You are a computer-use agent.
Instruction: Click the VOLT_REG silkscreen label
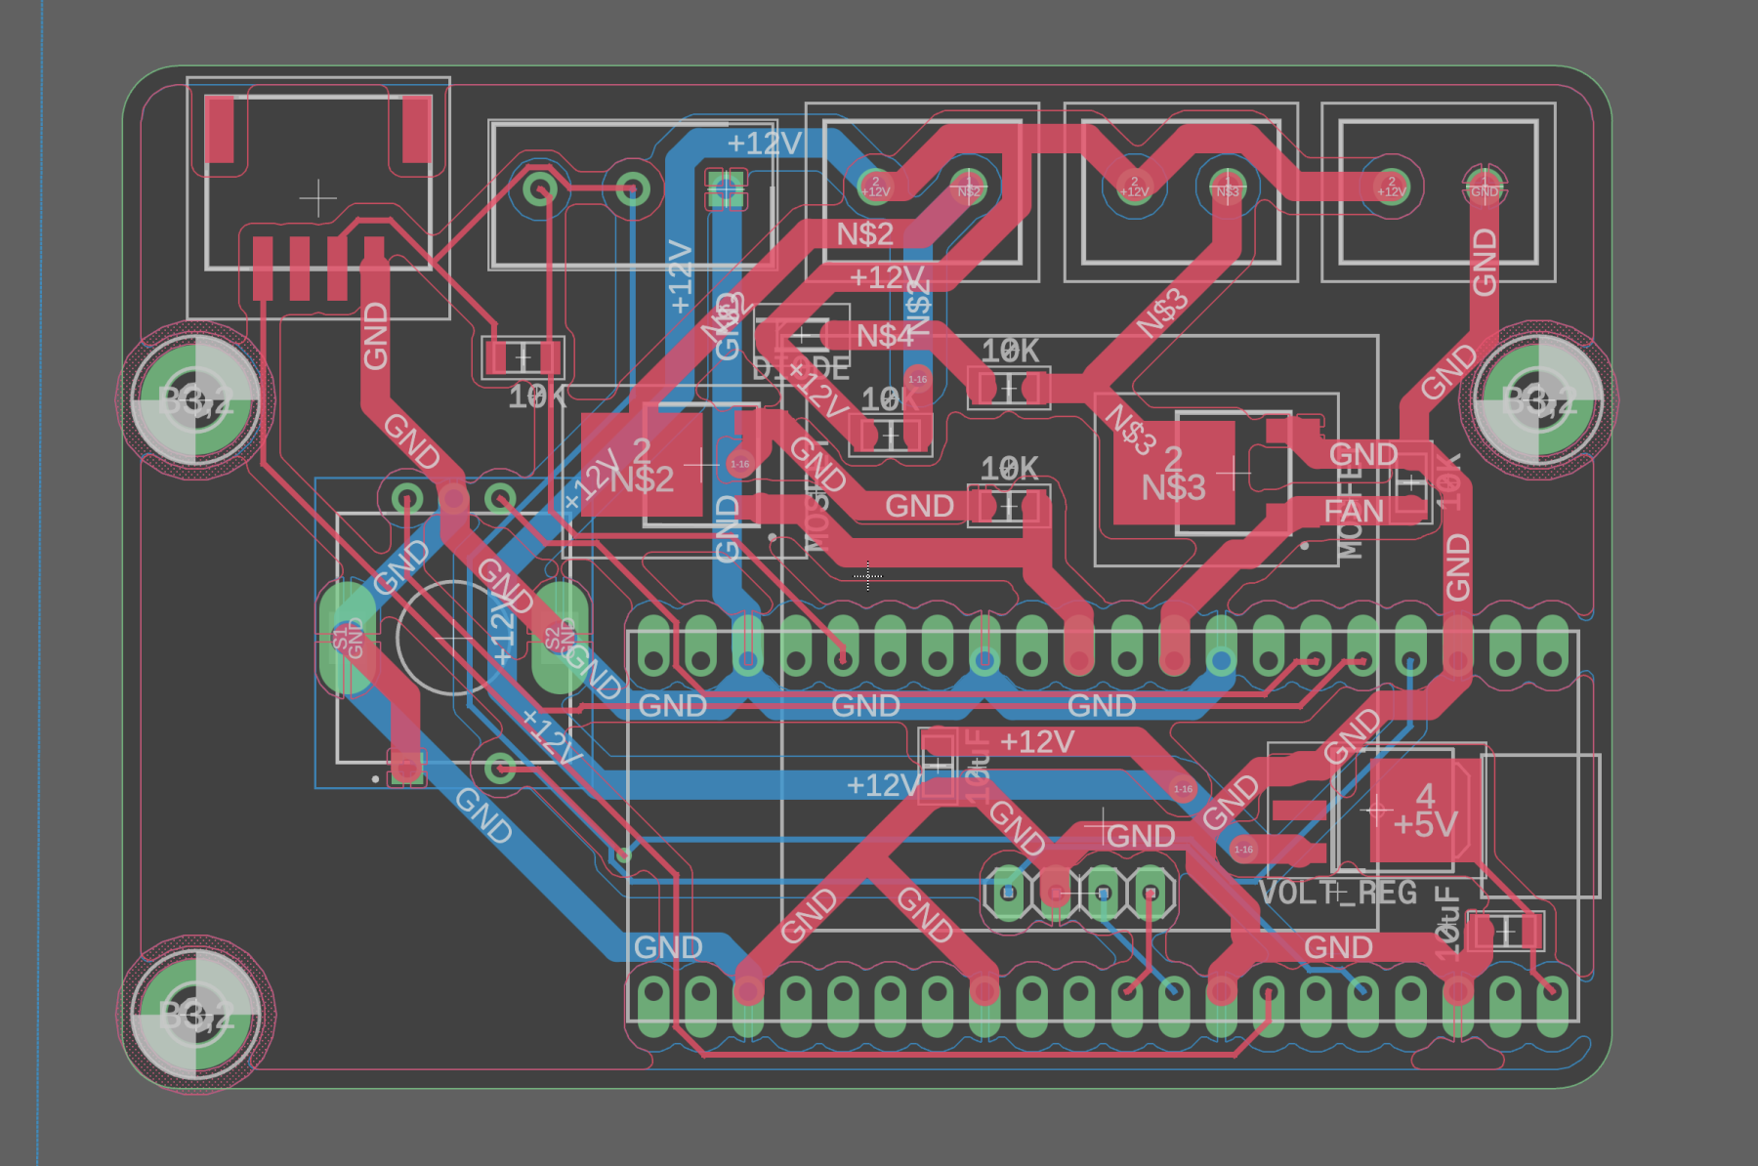(1337, 893)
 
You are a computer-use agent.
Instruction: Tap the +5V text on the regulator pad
(1425, 825)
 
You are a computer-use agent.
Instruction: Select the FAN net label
(1354, 511)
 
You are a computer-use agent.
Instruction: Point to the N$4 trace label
(885, 336)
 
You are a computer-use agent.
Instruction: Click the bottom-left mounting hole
(195, 1016)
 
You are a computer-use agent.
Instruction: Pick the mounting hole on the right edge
(1539, 399)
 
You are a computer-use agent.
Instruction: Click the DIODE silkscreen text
(801, 369)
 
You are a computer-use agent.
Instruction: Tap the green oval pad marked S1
(348, 639)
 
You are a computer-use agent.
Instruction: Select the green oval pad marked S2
(560, 638)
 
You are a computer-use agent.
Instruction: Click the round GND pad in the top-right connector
(1484, 186)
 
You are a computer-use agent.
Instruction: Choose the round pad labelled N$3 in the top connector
(1228, 186)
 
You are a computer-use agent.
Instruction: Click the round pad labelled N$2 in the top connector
(968, 186)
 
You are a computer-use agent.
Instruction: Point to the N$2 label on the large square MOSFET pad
(642, 479)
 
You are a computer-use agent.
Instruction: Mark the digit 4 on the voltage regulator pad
(1425, 796)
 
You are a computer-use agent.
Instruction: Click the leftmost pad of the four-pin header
(1008, 893)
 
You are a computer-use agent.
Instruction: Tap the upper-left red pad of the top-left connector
(220, 128)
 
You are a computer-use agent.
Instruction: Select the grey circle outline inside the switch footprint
(451, 639)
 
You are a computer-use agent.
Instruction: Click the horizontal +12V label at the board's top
(764, 144)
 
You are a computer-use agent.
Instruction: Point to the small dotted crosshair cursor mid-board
(867, 576)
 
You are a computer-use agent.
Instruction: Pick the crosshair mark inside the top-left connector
(318, 198)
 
